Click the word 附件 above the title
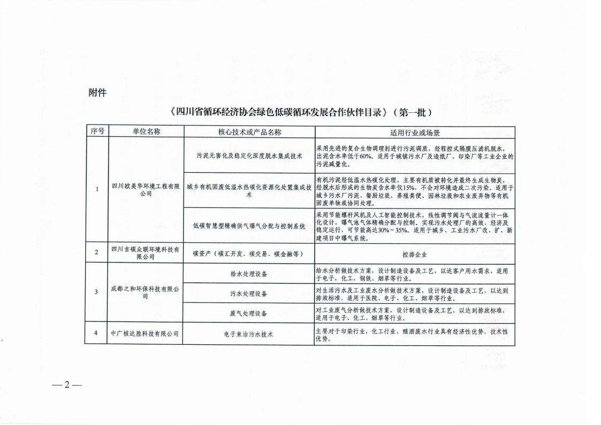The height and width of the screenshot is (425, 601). tap(97, 92)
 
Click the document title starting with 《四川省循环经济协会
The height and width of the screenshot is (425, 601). tap(300, 113)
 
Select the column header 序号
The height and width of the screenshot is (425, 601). tap(96, 132)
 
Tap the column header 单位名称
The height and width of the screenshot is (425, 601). tap(146, 132)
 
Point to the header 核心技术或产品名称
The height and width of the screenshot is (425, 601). tap(249, 132)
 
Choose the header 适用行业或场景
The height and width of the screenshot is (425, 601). tap(415, 132)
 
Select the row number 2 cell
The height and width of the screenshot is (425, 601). tap(96, 253)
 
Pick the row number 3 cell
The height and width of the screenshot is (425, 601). tap(96, 292)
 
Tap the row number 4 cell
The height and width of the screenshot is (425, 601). tap(96, 334)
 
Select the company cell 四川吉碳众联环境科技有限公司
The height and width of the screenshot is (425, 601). tap(146, 253)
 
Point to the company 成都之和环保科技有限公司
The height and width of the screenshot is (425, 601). tap(146, 292)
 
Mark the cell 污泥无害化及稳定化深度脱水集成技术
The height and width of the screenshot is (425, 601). tap(249, 156)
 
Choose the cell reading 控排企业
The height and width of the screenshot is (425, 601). tap(415, 254)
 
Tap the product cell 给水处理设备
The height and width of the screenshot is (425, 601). tap(249, 274)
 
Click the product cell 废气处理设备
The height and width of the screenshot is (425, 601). tap(249, 313)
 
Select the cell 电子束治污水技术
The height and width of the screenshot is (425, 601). tap(249, 334)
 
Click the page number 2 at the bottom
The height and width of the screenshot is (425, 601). tap(67, 385)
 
